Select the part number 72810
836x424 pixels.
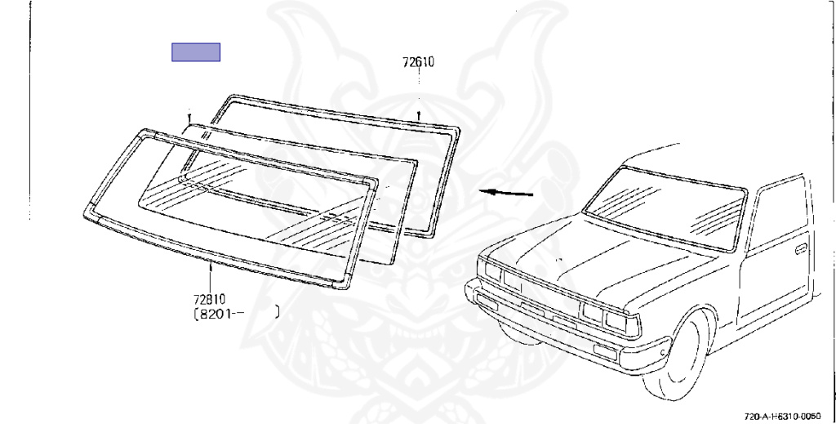tap(210, 299)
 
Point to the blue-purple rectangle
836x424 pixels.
tap(196, 52)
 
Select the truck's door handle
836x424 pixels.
tap(801, 247)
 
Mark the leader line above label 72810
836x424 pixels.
tap(210, 278)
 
